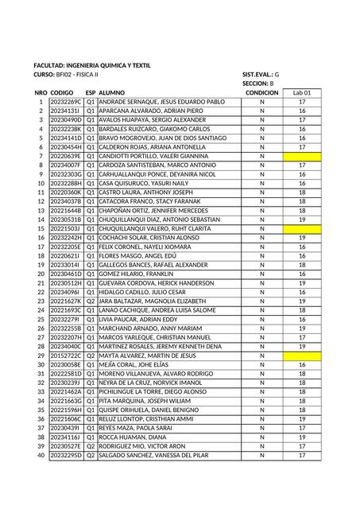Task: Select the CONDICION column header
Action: [261, 93]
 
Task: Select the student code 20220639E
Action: [65, 156]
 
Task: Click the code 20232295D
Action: [65, 454]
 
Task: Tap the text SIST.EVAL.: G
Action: [261, 74]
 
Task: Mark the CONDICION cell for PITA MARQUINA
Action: [261, 400]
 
